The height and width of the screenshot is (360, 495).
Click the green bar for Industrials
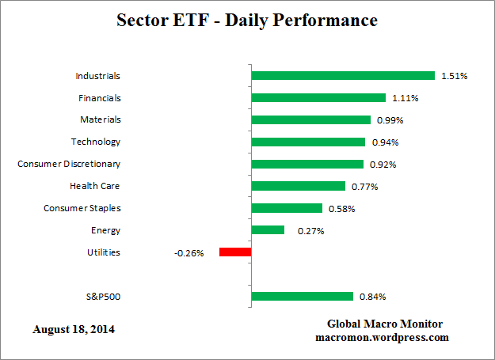pos(343,76)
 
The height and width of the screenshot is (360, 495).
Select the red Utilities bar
pos(235,252)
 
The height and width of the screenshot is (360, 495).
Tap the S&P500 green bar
pos(302,297)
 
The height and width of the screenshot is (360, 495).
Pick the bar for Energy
pos(268,230)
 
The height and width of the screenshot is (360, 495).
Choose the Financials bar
pos(318,98)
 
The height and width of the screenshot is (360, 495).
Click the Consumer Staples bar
pos(287,208)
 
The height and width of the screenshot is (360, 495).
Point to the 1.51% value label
pos(455,77)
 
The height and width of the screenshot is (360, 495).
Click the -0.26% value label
pos(189,253)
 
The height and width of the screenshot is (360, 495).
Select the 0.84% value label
pos(373,297)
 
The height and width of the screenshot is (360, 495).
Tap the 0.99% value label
pos(390,121)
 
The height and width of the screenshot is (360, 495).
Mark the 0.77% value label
pos(365,187)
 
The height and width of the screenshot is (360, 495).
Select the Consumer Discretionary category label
pos(70,164)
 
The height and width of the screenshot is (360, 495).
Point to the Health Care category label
pos(96,186)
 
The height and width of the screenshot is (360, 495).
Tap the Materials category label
pos(101,120)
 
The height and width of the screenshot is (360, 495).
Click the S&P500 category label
pos(104,297)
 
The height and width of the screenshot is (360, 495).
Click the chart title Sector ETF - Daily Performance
pos(247,20)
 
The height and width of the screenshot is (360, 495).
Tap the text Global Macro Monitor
pos(385,324)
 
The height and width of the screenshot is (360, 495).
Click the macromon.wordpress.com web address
pos(385,337)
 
